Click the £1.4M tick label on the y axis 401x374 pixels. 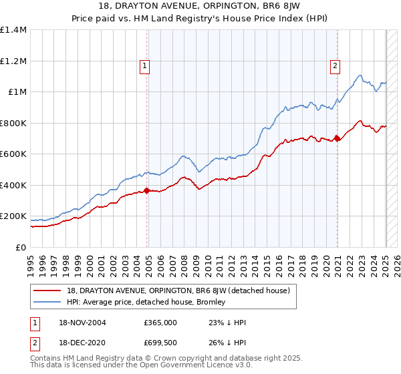click(13, 30)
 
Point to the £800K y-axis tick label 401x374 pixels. click(13, 123)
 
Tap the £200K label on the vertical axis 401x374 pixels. click(13, 216)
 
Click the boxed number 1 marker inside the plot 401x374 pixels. click(144, 65)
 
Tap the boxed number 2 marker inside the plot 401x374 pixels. click(334, 65)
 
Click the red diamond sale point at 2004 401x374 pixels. click(148, 191)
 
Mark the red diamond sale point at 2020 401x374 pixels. click(338, 139)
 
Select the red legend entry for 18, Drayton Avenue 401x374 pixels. click(178, 291)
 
